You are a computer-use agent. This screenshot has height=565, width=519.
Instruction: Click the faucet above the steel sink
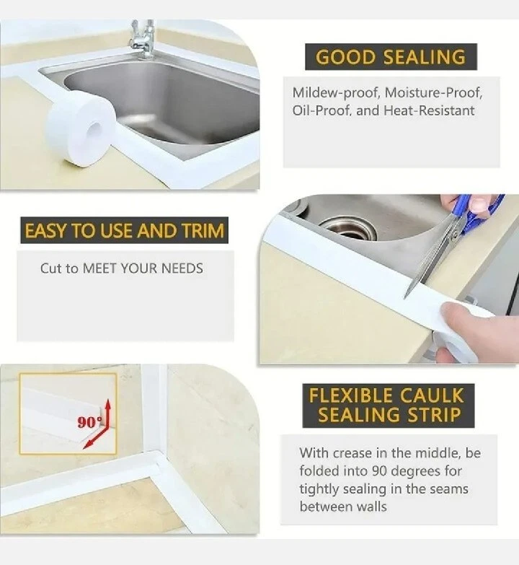tap(143, 39)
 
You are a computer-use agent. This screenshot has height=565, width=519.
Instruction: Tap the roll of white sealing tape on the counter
tap(81, 128)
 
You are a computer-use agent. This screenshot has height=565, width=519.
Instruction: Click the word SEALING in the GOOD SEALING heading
tap(424, 57)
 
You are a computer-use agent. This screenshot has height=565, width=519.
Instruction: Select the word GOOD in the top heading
tap(345, 57)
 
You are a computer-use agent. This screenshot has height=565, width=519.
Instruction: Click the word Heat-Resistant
tap(430, 110)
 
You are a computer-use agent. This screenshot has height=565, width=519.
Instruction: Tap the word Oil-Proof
tap(321, 110)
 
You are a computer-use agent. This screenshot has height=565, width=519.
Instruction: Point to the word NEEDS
tap(182, 268)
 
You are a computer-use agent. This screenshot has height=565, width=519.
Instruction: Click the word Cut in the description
tap(50, 268)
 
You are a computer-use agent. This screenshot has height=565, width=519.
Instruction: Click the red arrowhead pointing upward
tap(107, 404)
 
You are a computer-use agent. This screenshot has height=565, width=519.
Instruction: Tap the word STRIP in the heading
tap(434, 415)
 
